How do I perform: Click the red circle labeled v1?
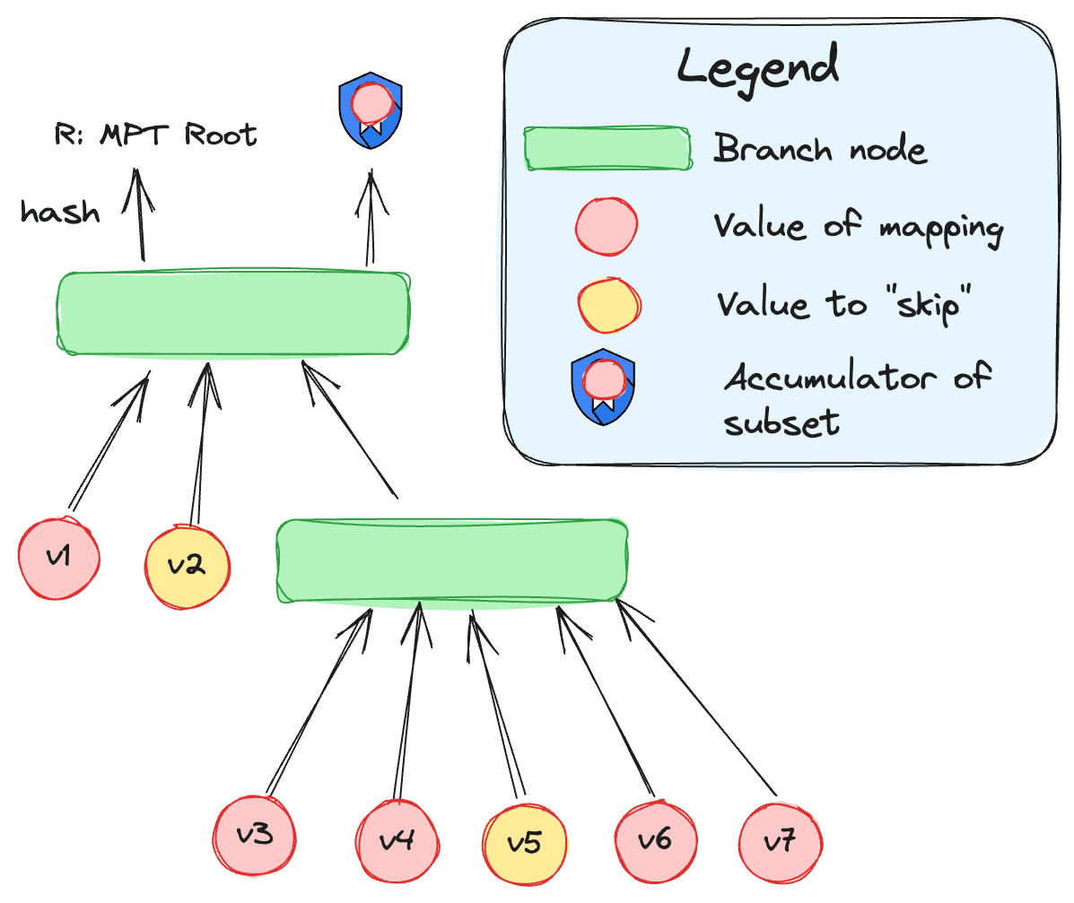tap(59, 559)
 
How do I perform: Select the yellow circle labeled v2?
tap(187, 566)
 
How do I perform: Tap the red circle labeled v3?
tap(255, 835)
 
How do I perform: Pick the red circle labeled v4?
tap(397, 841)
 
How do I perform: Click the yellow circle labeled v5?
tap(525, 844)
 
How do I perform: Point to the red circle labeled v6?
tap(656, 841)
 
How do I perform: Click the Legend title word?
tap(757, 68)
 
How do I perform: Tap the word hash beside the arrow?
tap(60, 212)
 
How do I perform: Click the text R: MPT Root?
tap(155, 135)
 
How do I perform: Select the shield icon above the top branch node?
tap(371, 110)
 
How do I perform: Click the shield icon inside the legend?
tap(604, 386)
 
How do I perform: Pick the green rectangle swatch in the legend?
tap(607, 148)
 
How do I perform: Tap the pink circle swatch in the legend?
tap(607, 227)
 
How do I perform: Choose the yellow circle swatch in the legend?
tap(609, 306)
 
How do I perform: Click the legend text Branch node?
tap(820, 149)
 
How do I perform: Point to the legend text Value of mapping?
tap(859, 228)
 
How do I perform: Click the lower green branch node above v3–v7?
tap(451, 560)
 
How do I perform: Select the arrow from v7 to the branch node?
tap(696, 697)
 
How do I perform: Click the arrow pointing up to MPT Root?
tap(139, 215)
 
